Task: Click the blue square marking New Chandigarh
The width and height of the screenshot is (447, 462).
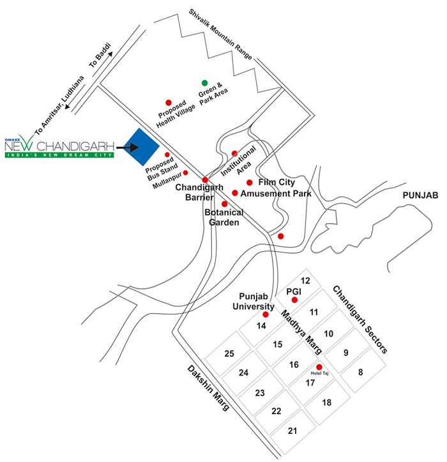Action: click(140, 148)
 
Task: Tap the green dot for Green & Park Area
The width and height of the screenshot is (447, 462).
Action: click(204, 83)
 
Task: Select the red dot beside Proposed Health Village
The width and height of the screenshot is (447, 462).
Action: click(169, 102)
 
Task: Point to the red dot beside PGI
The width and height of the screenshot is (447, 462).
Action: click(294, 300)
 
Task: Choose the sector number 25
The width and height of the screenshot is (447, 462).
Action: click(229, 353)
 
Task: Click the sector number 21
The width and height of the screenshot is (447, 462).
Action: click(292, 431)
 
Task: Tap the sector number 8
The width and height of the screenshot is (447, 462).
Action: click(360, 371)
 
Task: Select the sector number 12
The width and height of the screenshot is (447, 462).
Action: click(306, 281)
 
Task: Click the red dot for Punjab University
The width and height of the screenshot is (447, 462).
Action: click(266, 314)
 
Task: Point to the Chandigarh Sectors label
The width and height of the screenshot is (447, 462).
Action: click(360, 320)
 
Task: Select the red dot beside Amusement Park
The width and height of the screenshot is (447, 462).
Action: click(235, 193)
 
